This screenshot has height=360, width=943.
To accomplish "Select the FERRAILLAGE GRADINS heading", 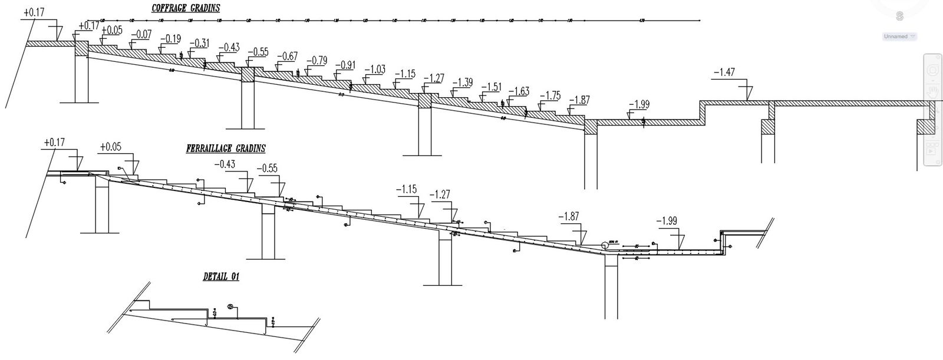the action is [226, 149].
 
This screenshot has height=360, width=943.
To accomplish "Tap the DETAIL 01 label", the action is [221, 276].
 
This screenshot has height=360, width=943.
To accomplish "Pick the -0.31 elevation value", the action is [199, 43].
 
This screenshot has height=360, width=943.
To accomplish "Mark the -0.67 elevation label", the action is [286, 56].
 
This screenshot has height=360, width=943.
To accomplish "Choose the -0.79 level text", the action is [316, 60].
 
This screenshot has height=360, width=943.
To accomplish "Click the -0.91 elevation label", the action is [345, 65].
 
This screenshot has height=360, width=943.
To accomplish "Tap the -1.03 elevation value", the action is [374, 70].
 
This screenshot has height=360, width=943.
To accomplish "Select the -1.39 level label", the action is [461, 82].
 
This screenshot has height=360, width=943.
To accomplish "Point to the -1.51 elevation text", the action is [491, 87].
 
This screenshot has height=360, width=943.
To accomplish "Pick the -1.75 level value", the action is [549, 95].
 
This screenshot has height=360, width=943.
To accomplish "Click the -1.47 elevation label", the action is [724, 72].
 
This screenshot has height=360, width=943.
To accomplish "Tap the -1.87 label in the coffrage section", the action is [578, 100].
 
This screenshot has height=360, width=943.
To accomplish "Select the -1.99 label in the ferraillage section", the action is [666, 221].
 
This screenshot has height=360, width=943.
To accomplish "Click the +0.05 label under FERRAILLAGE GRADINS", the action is [111, 147].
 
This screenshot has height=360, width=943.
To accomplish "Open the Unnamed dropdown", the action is [899, 37].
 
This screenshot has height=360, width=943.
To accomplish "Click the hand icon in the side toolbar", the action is [932, 91].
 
